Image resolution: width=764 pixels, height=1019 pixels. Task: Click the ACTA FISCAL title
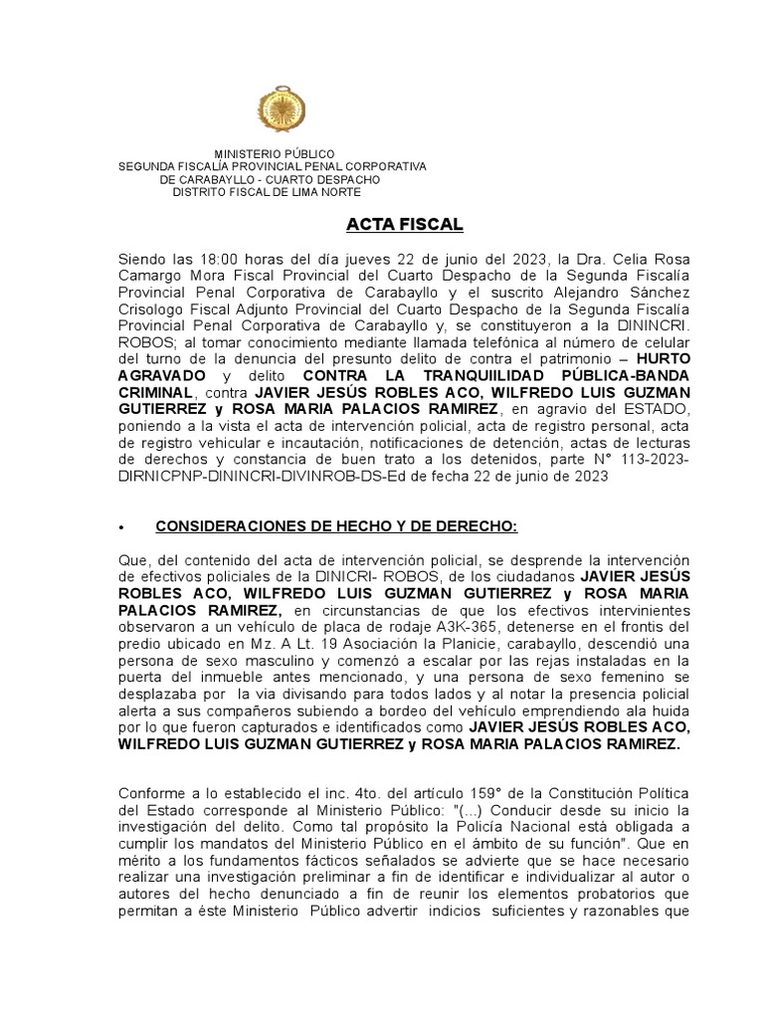[390, 224]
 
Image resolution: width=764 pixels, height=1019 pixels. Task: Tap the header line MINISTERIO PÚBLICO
[275, 153]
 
